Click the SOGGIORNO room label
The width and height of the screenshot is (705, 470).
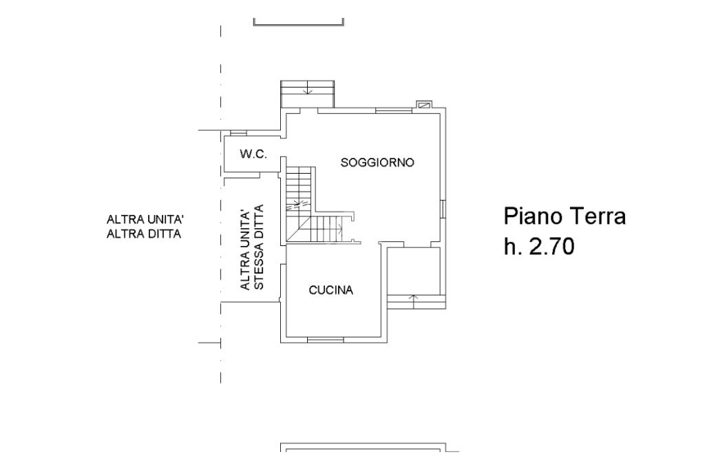pos(377,163)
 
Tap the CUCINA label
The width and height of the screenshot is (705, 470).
pos(330,290)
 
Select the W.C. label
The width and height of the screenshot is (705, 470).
pos(253,154)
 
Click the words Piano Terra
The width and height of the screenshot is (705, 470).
pos(565,216)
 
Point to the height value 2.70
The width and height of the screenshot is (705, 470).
pos(551,247)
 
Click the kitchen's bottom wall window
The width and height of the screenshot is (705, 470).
pos(325,339)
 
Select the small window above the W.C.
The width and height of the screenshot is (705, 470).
pos(238,132)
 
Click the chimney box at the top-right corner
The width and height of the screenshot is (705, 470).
pos(425,105)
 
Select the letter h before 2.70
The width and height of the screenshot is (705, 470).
pos(510,247)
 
